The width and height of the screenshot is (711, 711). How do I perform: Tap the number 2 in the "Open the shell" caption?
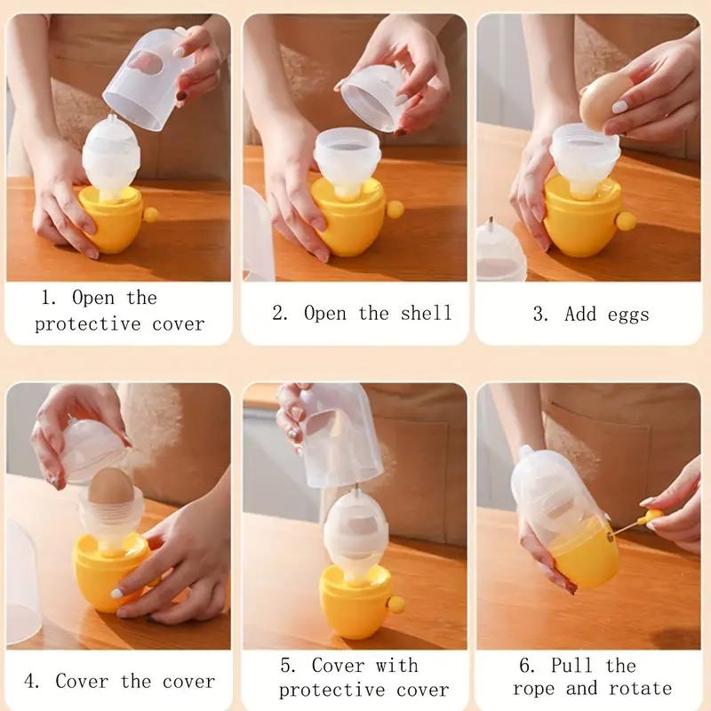click(x=278, y=314)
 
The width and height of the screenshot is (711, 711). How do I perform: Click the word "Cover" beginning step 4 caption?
click(x=82, y=682)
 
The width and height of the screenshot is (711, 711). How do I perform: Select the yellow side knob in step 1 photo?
click(x=150, y=214)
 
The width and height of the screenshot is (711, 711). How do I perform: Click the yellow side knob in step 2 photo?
click(x=395, y=210)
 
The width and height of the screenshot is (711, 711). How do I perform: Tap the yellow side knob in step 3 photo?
click(x=626, y=220)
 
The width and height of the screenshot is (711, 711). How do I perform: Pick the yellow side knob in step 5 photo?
click(x=396, y=604)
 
